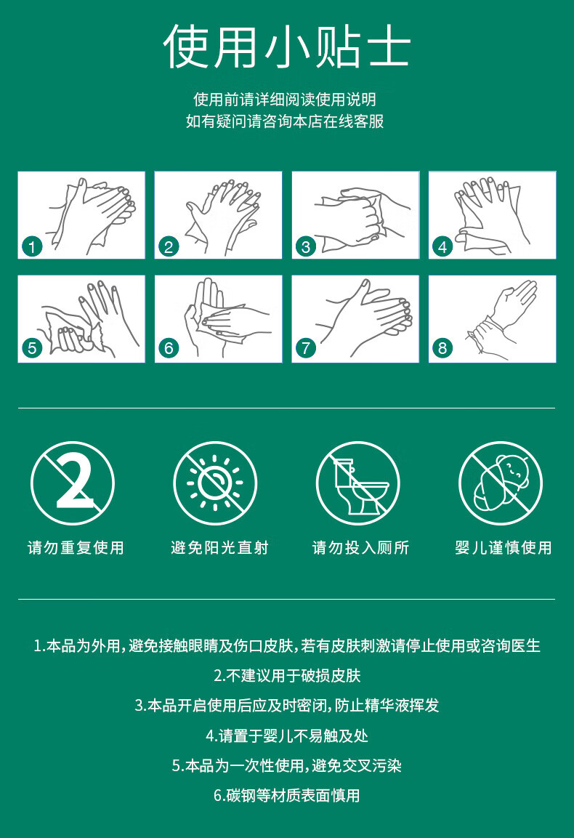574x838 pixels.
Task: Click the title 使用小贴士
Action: (x=287, y=47)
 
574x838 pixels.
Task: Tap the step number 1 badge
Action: (x=32, y=247)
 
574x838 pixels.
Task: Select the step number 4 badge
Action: (x=442, y=247)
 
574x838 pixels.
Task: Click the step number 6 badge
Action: (x=169, y=348)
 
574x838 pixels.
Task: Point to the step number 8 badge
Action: (x=442, y=348)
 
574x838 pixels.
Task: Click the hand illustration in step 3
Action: (x=361, y=217)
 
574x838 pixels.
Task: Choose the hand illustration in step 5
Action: (x=88, y=321)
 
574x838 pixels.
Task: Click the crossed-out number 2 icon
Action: (x=73, y=483)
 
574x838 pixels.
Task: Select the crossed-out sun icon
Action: (x=215, y=483)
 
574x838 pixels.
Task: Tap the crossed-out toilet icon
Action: (x=358, y=483)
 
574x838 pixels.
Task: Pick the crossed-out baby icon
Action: (x=501, y=483)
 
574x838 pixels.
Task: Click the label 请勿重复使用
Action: (x=76, y=548)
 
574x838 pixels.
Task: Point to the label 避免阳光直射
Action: (x=219, y=548)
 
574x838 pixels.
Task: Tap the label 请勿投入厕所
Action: (x=361, y=548)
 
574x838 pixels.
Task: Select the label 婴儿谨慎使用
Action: (x=504, y=548)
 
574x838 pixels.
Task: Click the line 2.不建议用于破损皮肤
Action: (x=288, y=675)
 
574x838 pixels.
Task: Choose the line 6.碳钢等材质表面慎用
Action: (x=287, y=795)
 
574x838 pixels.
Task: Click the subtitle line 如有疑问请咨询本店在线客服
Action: (x=285, y=121)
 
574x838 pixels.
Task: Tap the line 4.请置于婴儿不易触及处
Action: (x=287, y=736)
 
